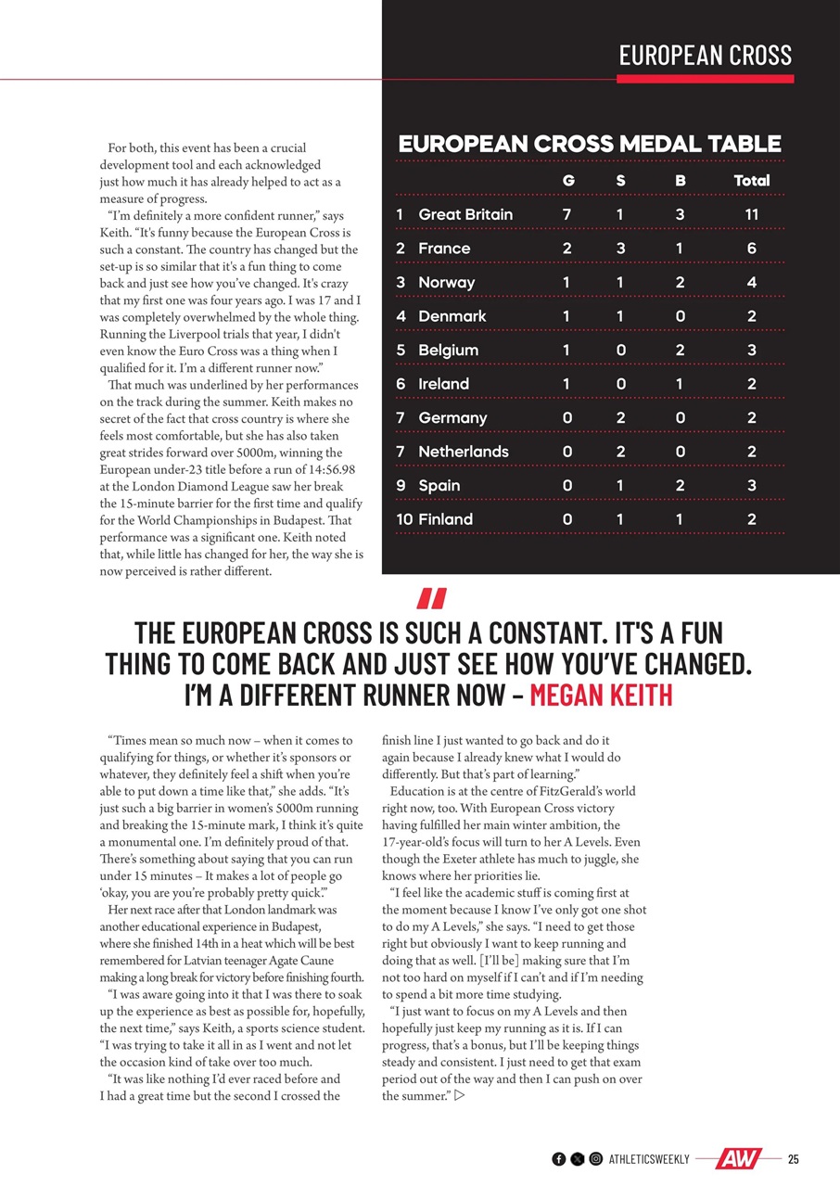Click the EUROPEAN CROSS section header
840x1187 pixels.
pyautogui.click(x=706, y=56)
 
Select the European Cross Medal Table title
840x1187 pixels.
pyautogui.click(x=590, y=144)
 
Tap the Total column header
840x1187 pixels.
pyautogui.click(x=751, y=181)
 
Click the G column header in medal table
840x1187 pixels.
pyautogui.click(x=567, y=181)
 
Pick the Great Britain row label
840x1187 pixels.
pyautogui.click(x=465, y=214)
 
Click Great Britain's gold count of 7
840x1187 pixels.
pyautogui.click(x=567, y=214)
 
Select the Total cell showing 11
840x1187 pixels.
pyautogui.click(x=751, y=214)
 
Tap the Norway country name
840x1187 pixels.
pyautogui.click(x=446, y=282)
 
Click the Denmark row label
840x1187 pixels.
pyautogui.click(x=452, y=316)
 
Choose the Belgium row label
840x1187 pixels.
pyautogui.click(x=448, y=350)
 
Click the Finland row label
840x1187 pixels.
pyautogui.click(x=445, y=519)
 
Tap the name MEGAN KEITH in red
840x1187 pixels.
pyautogui.click(x=601, y=695)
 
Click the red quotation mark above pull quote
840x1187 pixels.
pyautogui.click(x=432, y=599)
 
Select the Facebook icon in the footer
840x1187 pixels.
pyautogui.click(x=558, y=1159)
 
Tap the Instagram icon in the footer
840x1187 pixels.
pyautogui.click(x=596, y=1159)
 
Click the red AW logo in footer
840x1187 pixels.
pyautogui.click(x=738, y=1159)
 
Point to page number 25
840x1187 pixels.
pyautogui.click(x=794, y=1159)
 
